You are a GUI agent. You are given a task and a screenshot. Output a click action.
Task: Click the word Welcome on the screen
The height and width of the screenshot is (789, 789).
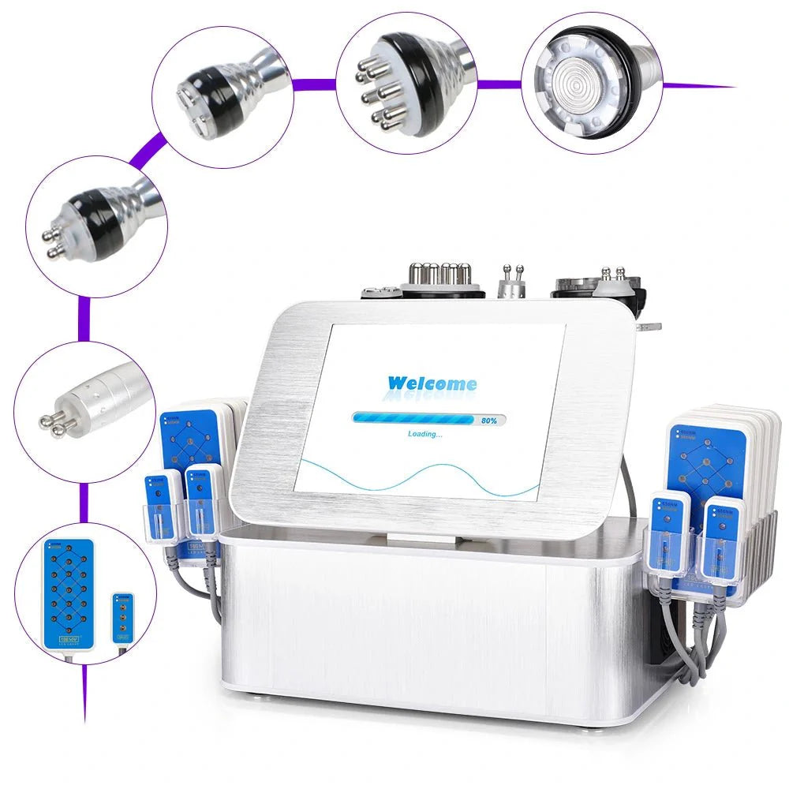tap(432, 384)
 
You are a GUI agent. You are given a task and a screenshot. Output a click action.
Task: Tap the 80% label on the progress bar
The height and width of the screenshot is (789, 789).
tap(489, 421)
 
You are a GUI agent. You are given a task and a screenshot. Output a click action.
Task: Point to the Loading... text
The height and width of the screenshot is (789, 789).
tap(425, 434)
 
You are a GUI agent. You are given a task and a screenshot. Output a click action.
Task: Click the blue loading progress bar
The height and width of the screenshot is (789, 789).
tap(413, 420)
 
